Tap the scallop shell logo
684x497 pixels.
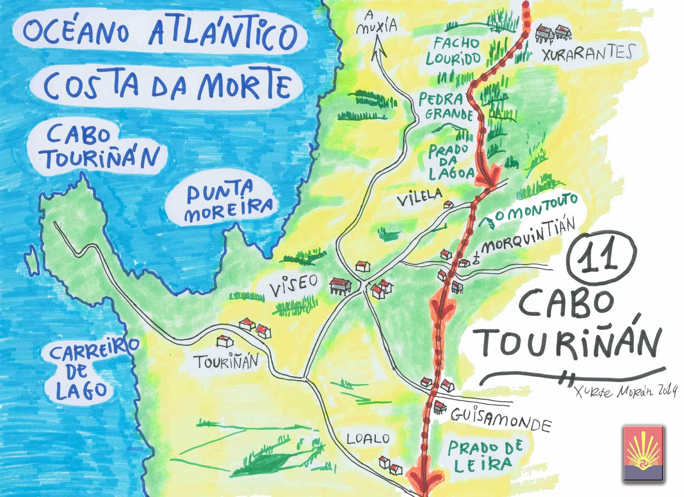click(x=643, y=453)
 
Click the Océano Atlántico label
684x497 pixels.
click(x=160, y=32)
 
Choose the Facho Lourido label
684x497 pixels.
click(x=453, y=50)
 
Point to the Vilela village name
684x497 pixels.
click(x=419, y=198)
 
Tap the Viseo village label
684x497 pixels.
click(x=294, y=285)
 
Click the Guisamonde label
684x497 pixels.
click(x=500, y=419)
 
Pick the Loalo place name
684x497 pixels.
click(x=368, y=439)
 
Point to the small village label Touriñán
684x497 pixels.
click(x=226, y=362)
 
